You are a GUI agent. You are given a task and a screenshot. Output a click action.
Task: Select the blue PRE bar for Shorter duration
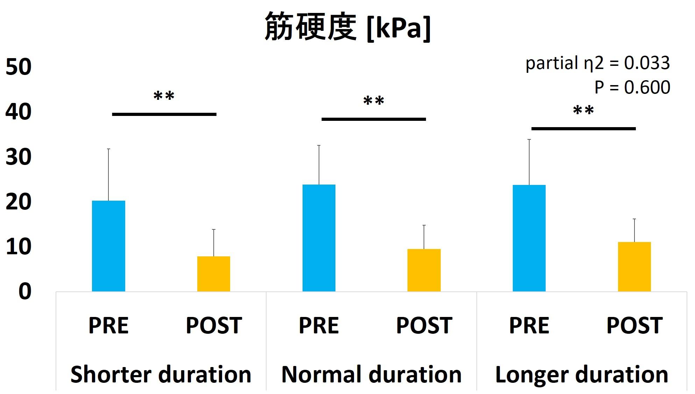coord(108,246)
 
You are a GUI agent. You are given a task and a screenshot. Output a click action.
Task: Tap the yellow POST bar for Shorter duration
coord(214,274)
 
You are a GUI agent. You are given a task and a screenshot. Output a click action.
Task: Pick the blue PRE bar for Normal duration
coord(319,238)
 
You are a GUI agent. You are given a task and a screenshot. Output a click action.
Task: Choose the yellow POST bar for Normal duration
coord(424,270)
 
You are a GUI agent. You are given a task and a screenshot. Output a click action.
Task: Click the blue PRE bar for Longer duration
coord(529,238)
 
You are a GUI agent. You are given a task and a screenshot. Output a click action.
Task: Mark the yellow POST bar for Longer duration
coord(634,267)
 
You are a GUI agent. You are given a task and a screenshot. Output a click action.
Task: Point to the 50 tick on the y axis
coord(19,67)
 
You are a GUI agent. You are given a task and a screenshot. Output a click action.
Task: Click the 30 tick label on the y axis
coord(19,157)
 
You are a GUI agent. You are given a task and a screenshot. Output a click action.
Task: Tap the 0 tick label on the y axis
coord(25,291)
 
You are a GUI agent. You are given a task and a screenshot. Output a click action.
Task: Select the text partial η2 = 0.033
coord(598,63)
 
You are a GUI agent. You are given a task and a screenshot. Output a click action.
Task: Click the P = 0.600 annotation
coord(632,87)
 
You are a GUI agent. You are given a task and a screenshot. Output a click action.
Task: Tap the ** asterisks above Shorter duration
coord(164,96)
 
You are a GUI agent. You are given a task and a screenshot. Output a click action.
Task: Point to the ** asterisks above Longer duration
coord(583,110)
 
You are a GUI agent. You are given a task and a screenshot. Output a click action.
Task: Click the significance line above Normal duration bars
coord(374,119)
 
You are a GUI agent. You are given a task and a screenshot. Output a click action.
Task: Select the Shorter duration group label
coord(161,374)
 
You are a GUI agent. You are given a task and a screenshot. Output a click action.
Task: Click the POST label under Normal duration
coord(424,325)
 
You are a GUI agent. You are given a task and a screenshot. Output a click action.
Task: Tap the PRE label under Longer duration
coord(529,325)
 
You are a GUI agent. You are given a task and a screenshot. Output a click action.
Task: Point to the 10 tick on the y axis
coord(19,247)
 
